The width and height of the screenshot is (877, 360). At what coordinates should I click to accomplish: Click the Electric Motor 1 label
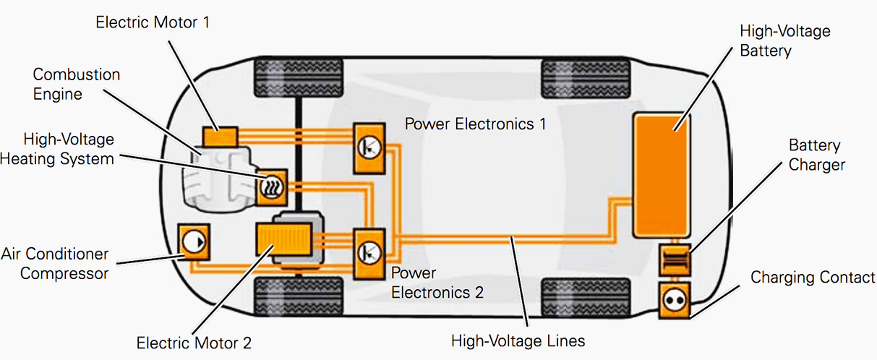(x=153, y=22)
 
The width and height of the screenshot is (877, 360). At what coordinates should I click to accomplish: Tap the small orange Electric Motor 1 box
(x=220, y=136)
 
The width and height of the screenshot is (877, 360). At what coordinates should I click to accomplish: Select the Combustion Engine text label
(x=77, y=84)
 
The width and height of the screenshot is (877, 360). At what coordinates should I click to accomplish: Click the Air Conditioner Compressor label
(x=55, y=263)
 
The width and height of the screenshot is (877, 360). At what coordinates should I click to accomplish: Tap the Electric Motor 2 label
(x=194, y=342)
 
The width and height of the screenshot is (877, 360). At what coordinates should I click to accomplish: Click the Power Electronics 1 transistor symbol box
(x=369, y=147)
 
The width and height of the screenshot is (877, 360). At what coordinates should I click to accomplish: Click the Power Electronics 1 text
(x=475, y=124)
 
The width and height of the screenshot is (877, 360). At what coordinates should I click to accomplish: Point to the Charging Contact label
(x=812, y=278)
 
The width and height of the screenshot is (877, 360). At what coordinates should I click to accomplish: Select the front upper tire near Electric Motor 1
(x=297, y=78)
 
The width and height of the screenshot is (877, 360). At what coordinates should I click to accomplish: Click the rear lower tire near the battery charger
(x=585, y=296)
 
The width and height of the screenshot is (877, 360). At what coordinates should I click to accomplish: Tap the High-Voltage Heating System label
(x=58, y=148)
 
